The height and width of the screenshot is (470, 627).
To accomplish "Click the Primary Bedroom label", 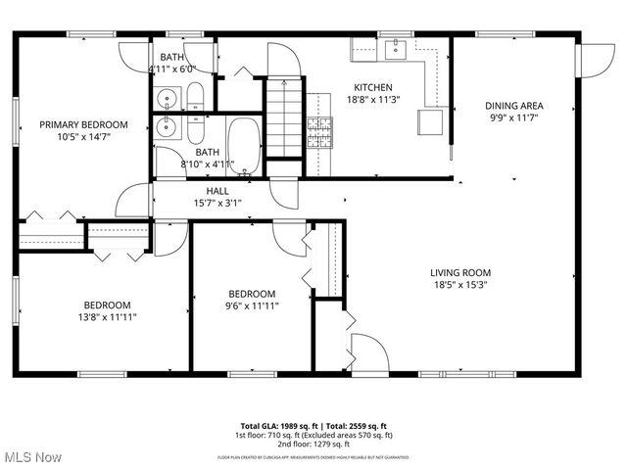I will pyautogui.click(x=83, y=124).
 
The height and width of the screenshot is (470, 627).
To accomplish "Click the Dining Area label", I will pyautogui.click(x=514, y=106).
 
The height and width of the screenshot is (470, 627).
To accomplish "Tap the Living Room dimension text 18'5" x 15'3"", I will pyautogui.click(x=459, y=285).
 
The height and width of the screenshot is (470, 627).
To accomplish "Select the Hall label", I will pyautogui.click(x=217, y=191).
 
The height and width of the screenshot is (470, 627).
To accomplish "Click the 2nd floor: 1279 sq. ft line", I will pyautogui.click(x=313, y=444).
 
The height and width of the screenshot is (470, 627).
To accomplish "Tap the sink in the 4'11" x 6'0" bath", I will pyautogui.click(x=167, y=98).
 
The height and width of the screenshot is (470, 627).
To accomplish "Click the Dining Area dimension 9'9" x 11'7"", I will pyautogui.click(x=514, y=117).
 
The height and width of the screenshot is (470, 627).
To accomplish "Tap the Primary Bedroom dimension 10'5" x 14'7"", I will pyautogui.click(x=83, y=137).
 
